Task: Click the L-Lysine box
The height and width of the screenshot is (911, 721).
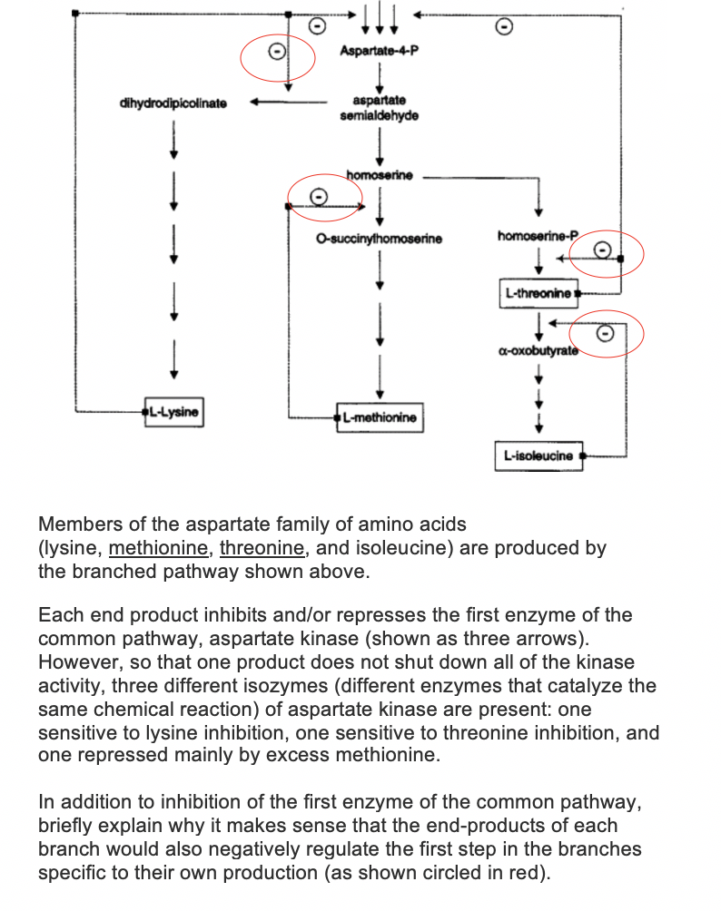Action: (173, 412)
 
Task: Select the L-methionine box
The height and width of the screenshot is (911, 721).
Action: (380, 417)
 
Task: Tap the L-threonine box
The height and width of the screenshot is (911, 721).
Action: (538, 293)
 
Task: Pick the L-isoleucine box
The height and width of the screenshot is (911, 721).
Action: (539, 456)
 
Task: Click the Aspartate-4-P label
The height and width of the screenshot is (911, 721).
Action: (379, 51)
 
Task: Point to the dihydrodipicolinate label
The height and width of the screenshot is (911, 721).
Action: (173, 103)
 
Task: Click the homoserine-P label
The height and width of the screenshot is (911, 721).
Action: (538, 236)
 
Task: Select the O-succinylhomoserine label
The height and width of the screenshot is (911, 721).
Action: (379, 239)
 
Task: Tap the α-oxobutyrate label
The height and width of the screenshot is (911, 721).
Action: (538, 351)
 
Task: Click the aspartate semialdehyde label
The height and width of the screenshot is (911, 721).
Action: (379, 108)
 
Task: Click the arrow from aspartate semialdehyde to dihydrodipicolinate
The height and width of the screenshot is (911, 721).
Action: (289, 103)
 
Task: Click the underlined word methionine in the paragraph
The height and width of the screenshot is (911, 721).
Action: (158, 548)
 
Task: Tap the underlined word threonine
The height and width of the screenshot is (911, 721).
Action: (262, 548)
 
